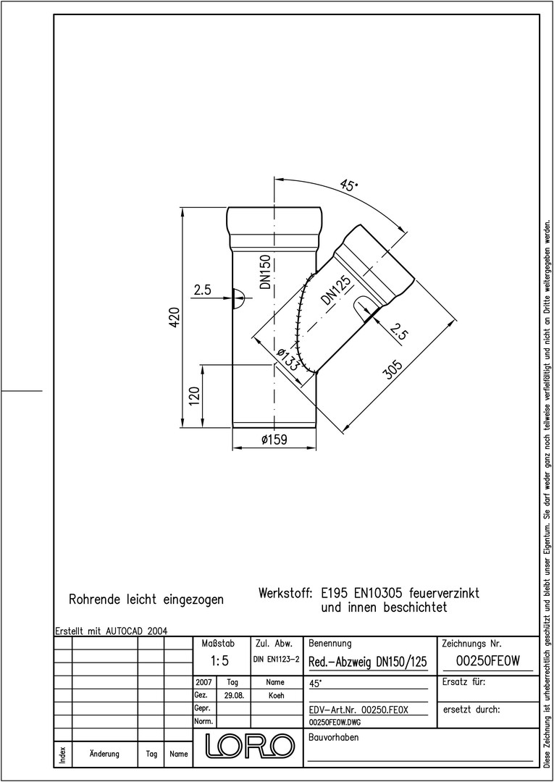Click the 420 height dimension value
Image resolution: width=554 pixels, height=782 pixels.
175,317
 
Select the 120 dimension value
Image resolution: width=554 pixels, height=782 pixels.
195,396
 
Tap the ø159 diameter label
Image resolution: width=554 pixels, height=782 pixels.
274,440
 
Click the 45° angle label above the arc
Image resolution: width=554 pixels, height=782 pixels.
348,185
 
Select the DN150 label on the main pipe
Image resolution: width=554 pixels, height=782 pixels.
265,272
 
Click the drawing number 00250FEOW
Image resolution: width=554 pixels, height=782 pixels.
487,661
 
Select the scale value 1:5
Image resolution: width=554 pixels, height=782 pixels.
219,661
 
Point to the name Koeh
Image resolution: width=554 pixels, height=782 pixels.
276,696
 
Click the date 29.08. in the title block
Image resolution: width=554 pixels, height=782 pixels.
233,696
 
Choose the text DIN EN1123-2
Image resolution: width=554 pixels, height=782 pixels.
276,660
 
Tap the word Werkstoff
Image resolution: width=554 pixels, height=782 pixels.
285,594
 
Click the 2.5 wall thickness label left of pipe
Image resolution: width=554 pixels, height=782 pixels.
203,290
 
